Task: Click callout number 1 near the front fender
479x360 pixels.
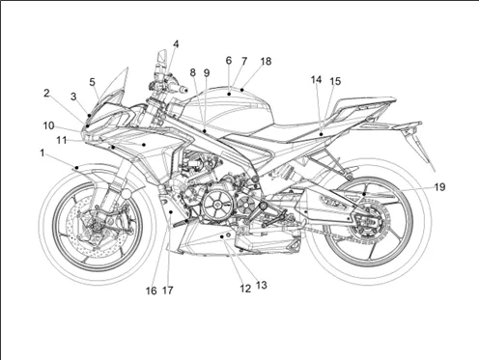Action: point(42,153)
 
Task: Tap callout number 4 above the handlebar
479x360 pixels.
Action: point(176,44)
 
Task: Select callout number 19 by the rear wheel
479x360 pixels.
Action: point(439,187)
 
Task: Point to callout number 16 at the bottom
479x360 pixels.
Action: point(152,291)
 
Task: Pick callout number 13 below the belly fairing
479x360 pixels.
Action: point(262,285)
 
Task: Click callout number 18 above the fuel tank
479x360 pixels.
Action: point(266,61)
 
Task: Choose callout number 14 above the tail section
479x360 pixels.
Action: point(316,79)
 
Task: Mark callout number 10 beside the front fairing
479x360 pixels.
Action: point(48,125)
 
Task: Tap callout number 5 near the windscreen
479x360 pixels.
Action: point(93,82)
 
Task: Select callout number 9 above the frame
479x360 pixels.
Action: point(207,73)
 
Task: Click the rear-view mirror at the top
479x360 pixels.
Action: point(162,58)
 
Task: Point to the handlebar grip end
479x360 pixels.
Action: point(183,90)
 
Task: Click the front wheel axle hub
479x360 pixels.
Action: point(96,227)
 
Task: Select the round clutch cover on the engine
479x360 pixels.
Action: point(217,205)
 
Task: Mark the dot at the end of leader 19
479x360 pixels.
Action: point(364,194)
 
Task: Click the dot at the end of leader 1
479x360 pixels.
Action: point(76,168)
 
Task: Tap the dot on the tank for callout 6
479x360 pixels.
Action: point(229,94)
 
